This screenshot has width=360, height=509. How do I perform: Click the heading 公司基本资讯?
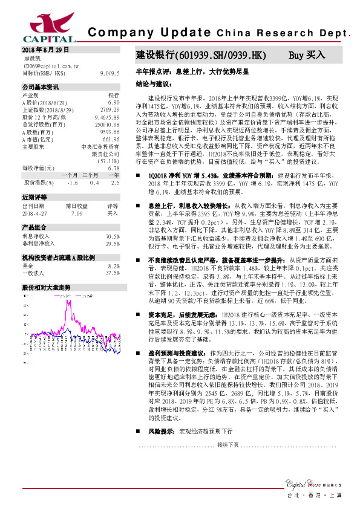point(40,87)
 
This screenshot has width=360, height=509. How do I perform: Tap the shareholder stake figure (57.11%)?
point(108,161)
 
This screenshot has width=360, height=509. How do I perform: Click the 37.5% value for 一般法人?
point(112,273)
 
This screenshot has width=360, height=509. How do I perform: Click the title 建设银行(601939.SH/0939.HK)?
point(200,54)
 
